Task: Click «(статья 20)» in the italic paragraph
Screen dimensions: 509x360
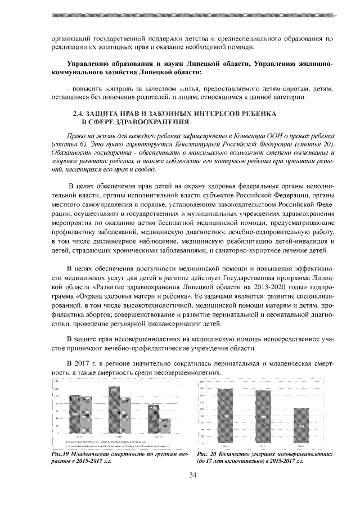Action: pyautogui.click(x=316, y=145)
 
